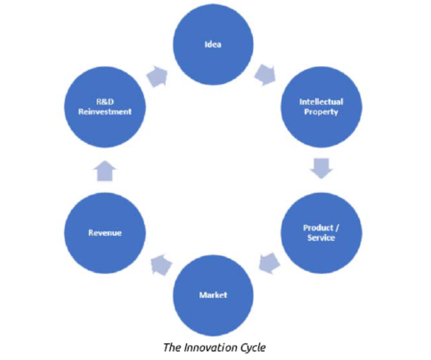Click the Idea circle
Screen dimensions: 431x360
click(x=213, y=45)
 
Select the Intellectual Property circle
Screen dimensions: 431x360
click(x=322, y=107)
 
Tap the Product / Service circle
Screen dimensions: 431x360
click(x=322, y=233)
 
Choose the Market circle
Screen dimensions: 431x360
click(x=213, y=295)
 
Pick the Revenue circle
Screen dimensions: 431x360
click(x=105, y=233)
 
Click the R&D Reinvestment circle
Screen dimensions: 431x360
click(x=105, y=107)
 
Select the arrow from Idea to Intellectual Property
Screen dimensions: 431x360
click(x=265, y=75)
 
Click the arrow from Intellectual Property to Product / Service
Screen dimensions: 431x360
click(x=322, y=168)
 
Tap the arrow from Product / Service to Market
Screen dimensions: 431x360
click(x=269, y=263)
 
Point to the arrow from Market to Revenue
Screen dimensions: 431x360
click(x=162, y=265)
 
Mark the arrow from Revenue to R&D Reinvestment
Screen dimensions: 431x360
click(x=105, y=171)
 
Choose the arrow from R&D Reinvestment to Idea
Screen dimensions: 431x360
click(x=157, y=77)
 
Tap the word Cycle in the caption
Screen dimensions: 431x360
click(x=253, y=348)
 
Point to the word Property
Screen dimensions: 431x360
click(x=322, y=112)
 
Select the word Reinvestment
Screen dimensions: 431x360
click(x=105, y=112)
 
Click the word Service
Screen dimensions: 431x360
click(x=322, y=238)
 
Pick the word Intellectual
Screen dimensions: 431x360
click(x=322, y=102)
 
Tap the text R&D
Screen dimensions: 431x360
click(x=105, y=102)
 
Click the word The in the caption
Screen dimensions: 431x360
click(x=172, y=348)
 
